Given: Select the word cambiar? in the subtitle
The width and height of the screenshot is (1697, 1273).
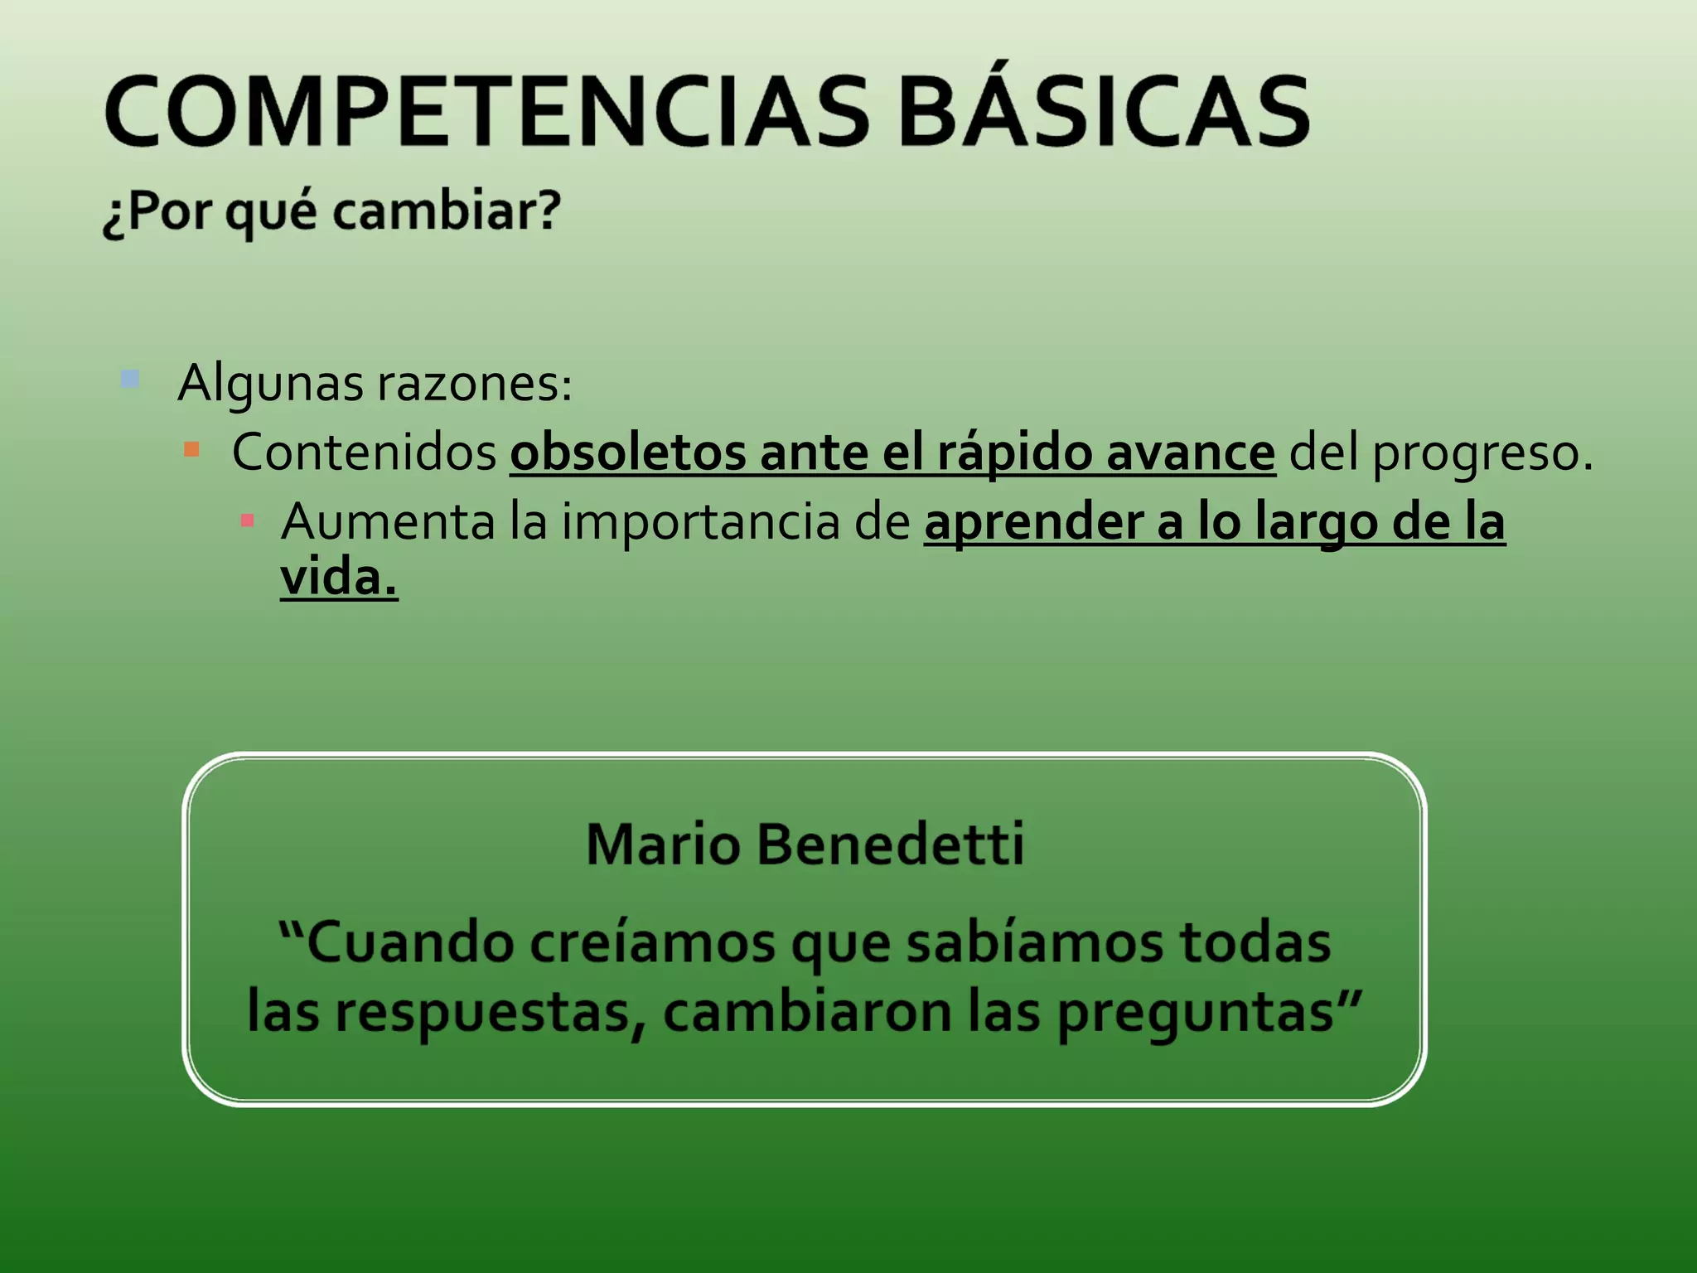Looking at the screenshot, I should click(x=447, y=211).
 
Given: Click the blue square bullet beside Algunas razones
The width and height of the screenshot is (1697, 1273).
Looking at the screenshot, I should click(x=130, y=380).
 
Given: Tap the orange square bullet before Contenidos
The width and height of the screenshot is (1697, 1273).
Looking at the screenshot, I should click(x=191, y=450).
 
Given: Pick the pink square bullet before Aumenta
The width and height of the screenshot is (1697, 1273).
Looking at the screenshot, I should click(x=247, y=520).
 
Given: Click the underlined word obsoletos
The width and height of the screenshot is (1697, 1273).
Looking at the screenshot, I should click(x=627, y=453).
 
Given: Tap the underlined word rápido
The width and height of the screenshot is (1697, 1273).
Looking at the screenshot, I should click(x=1014, y=454).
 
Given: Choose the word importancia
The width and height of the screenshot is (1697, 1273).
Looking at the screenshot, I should click(x=700, y=522).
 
